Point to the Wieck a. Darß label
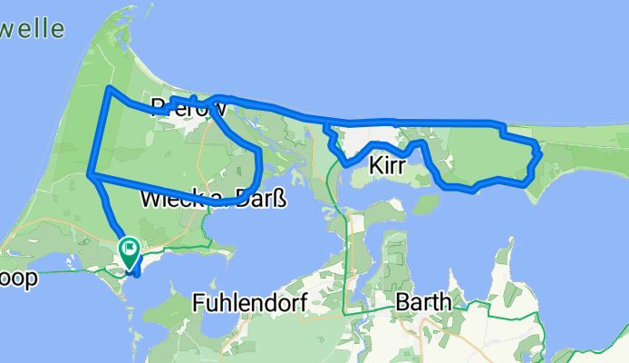213,198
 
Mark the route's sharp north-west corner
110,89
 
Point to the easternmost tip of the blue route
539,152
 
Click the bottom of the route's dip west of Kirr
344,163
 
